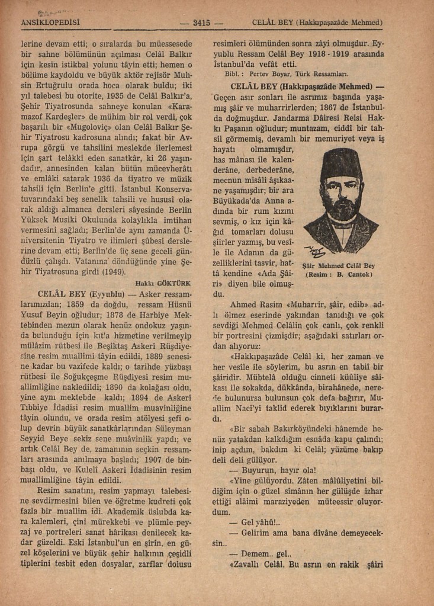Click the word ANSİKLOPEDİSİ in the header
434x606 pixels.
pos(50,23)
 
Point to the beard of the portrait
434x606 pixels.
pos(340,211)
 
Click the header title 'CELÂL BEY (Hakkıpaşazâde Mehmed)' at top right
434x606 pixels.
pos(317,23)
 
